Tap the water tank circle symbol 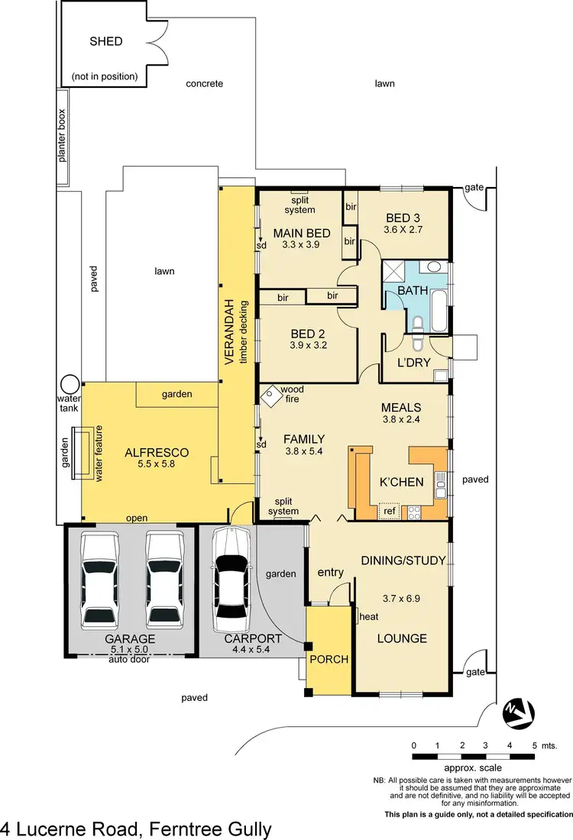click(71, 383)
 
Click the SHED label click(105, 41)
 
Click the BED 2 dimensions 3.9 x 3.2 click(308, 345)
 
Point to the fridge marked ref click(390, 511)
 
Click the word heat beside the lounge click(369, 615)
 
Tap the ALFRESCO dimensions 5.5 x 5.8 click(156, 464)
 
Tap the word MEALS click(402, 408)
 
